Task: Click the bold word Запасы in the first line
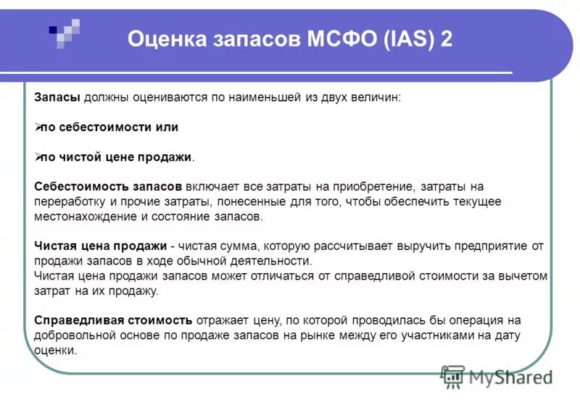coord(57,97)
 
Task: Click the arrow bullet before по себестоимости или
coord(38,127)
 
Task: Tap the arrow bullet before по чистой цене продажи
coord(38,156)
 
